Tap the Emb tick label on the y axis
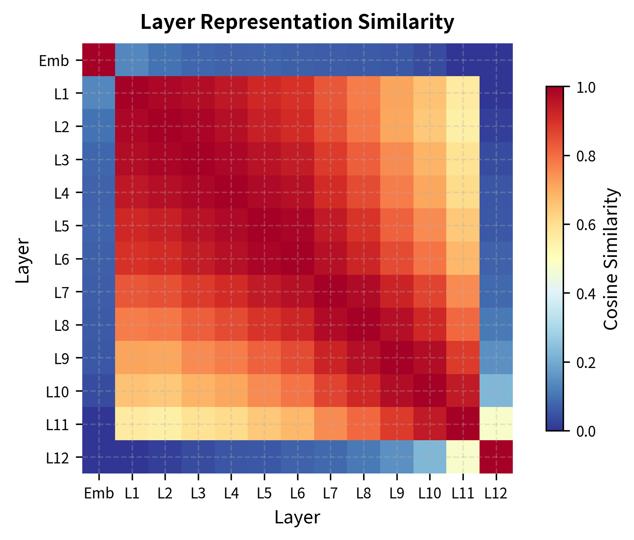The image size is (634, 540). (x=54, y=60)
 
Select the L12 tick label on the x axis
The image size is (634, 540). (x=496, y=494)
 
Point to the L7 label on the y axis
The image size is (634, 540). (x=61, y=292)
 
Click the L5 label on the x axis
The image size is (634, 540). (x=264, y=494)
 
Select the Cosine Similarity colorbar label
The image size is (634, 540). (x=611, y=259)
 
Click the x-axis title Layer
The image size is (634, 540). (x=297, y=518)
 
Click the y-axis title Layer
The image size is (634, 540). (x=23, y=261)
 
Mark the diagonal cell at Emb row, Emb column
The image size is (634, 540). (x=99, y=60)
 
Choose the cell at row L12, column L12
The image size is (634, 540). (x=496, y=457)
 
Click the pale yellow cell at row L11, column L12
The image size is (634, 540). (x=496, y=424)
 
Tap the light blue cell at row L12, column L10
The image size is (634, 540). (x=430, y=457)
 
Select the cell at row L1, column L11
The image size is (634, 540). (x=463, y=93)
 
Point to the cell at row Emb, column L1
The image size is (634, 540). (x=132, y=60)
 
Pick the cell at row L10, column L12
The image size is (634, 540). (x=496, y=391)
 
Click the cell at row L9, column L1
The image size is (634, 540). (x=132, y=358)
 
